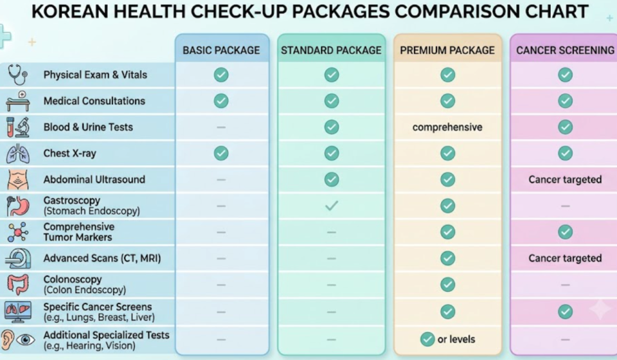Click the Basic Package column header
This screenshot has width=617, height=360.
(221, 50)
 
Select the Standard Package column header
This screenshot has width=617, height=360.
(331, 50)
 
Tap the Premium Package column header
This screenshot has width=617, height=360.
(447, 50)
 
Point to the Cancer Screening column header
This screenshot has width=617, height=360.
(565, 50)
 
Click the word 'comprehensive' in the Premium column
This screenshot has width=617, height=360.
(447, 127)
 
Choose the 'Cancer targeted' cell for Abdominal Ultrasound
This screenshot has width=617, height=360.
(565, 180)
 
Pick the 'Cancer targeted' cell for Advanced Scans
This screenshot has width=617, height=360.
(565, 258)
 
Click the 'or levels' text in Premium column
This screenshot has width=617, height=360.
(456, 339)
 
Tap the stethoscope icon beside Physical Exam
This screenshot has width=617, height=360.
(18, 75)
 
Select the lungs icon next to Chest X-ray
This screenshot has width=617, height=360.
(18, 154)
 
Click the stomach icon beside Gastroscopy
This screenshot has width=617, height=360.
(18, 206)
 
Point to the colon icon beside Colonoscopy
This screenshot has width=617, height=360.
(18, 284)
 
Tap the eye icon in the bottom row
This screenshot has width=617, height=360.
(26, 339)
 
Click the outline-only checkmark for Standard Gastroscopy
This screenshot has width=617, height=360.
(332, 205)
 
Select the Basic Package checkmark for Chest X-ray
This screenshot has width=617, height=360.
(221, 153)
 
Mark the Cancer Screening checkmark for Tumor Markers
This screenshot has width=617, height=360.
(565, 232)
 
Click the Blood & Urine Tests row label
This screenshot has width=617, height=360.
(88, 127)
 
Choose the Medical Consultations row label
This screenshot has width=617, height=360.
(94, 101)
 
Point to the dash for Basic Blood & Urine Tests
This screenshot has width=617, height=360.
(221, 127)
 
